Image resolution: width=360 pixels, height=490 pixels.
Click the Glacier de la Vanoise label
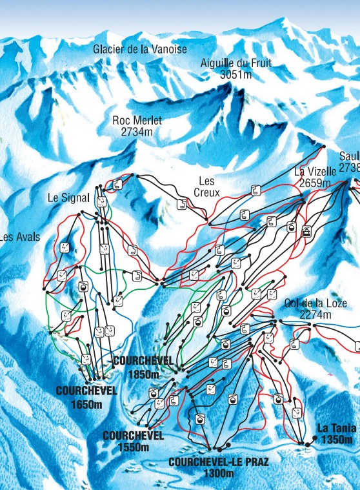140,49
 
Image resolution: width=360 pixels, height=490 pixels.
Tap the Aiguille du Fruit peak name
237,63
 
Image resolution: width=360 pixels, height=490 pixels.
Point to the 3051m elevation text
237,74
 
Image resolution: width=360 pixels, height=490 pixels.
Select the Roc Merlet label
137,120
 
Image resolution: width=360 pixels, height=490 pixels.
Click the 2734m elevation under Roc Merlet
137,131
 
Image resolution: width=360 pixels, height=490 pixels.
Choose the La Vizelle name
315,172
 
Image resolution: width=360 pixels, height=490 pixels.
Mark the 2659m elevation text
315,183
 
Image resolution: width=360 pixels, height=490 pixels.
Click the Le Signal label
68,198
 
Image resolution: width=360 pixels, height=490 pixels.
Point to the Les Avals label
20,237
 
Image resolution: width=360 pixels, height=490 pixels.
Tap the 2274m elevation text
315,315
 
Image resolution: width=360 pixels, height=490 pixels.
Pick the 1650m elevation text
86,404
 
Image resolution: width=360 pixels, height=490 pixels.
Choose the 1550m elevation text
133,447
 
